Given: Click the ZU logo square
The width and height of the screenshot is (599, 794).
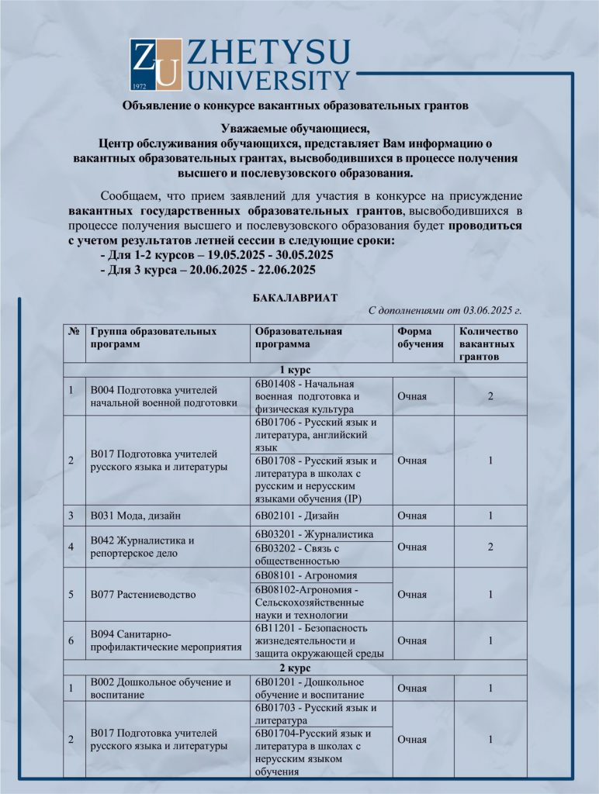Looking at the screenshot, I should click(156, 64).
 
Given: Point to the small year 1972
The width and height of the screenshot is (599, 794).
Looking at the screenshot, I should click(140, 85).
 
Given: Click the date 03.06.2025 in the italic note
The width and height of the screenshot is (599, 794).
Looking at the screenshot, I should click(487, 311).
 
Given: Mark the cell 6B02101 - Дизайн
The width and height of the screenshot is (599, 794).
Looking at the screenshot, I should click(296, 516).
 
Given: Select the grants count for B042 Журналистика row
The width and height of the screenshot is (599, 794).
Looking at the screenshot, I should click(490, 547).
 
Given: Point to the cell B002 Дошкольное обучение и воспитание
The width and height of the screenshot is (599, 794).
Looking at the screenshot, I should click(161, 688).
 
